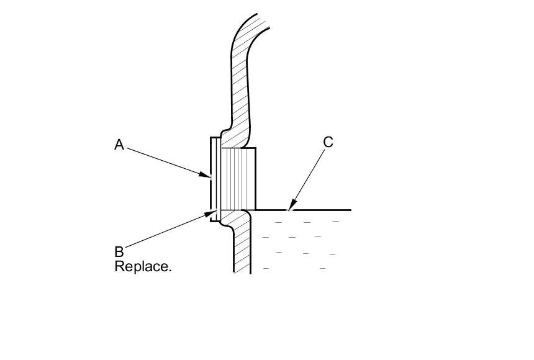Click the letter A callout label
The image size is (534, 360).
tap(119, 145)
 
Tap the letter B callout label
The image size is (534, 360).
tap(119, 252)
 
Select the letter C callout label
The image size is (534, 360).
tap(328, 142)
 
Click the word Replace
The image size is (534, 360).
tap(143, 267)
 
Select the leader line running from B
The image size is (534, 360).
tap(165, 232)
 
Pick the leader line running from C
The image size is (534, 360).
tap(307, 177)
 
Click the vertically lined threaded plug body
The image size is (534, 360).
tap(237, 179)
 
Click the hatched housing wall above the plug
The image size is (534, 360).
tap(240, 93)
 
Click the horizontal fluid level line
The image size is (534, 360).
tap(310, 210)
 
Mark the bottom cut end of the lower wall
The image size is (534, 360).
tap(242, 271)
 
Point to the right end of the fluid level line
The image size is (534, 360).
tap(350, 210)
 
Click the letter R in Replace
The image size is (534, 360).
tap(119, 267)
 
